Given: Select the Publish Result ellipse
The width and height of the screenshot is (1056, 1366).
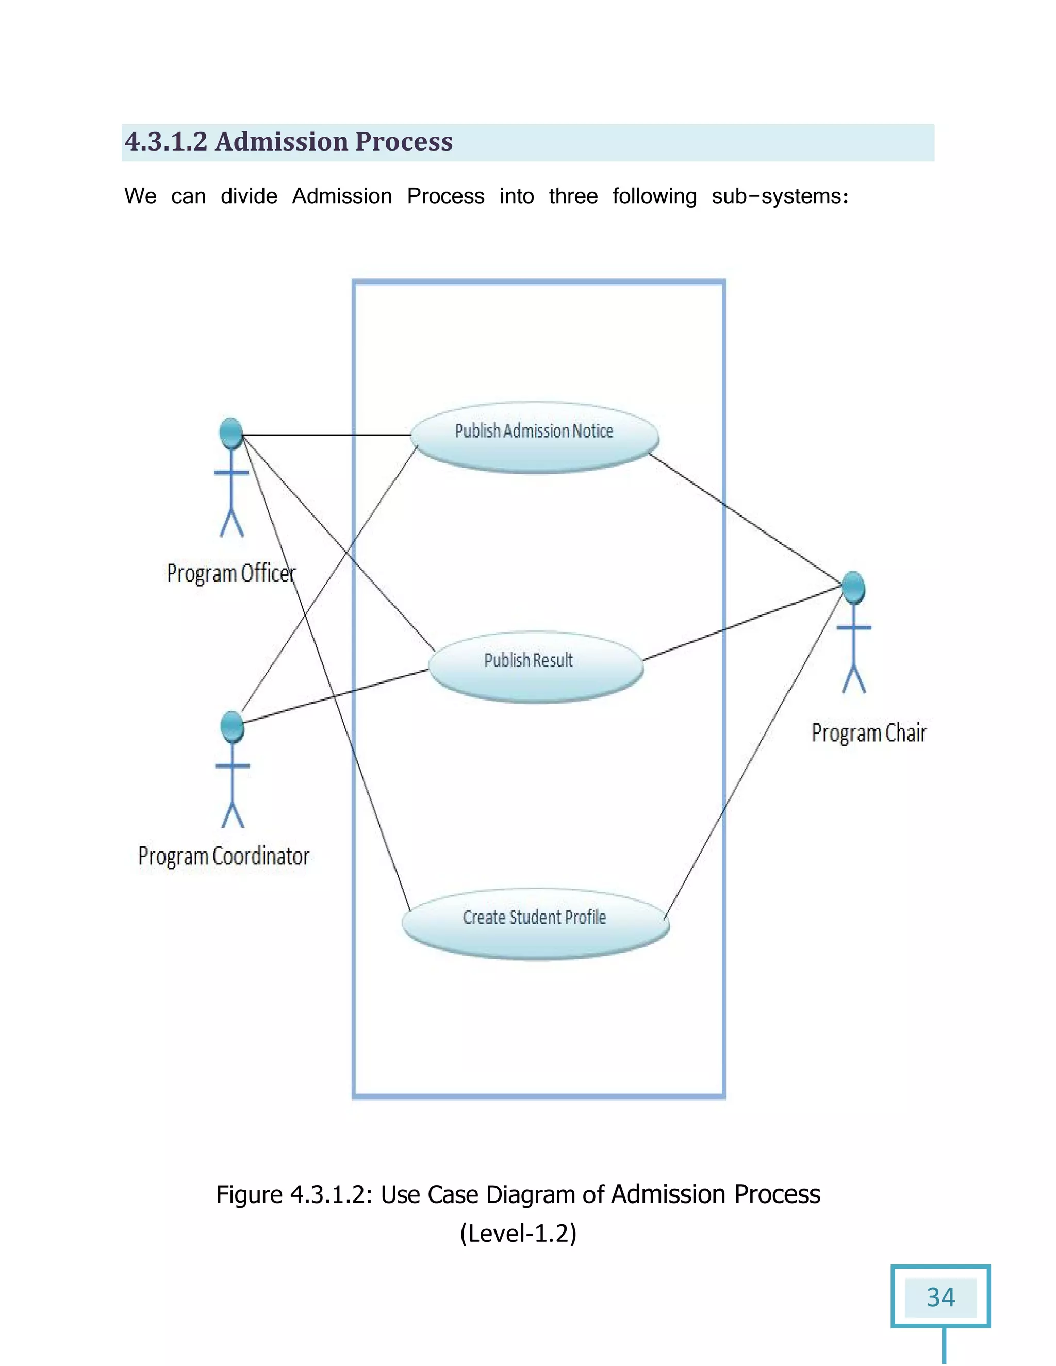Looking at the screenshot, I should point(536,666).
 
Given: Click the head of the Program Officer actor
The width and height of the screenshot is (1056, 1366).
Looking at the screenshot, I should point(231,433).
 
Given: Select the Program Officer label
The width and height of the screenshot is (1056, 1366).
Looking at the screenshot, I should point(231,574).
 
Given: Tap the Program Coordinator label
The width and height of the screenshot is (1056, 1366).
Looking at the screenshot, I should point(224,856).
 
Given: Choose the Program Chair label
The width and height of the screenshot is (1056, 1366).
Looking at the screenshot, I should point(868,732).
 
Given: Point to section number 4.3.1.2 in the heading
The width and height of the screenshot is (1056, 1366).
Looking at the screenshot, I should point(166,142).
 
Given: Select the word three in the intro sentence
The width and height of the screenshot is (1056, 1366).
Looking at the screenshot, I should point(572,196).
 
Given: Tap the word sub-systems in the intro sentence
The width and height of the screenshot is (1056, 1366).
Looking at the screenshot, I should point(780,196).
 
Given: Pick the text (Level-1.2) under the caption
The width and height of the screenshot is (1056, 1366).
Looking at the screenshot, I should point(518,1234).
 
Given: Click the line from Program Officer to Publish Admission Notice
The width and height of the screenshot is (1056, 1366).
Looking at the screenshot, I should point(325,435).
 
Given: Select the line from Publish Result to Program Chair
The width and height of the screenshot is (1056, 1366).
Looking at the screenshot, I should point(741,624).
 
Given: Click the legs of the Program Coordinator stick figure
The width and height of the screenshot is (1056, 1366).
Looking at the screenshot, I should point(233,814).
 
